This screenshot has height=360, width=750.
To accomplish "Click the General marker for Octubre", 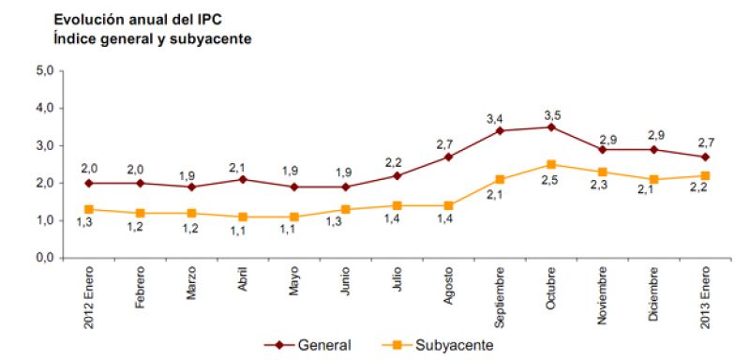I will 551,127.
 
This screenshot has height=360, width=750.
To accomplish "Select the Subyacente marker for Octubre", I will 551,164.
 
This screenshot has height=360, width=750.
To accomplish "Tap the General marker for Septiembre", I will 501,130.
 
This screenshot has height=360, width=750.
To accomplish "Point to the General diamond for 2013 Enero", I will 704,157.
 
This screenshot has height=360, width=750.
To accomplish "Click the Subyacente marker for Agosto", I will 449,205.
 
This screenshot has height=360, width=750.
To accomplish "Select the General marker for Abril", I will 243,179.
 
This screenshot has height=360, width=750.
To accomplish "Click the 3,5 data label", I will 552,114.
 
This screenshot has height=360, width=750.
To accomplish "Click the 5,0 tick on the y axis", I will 43,70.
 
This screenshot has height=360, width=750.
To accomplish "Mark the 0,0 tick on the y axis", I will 43,258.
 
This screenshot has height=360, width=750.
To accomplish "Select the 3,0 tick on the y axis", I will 43,145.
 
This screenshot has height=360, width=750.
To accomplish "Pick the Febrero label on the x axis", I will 139,290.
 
